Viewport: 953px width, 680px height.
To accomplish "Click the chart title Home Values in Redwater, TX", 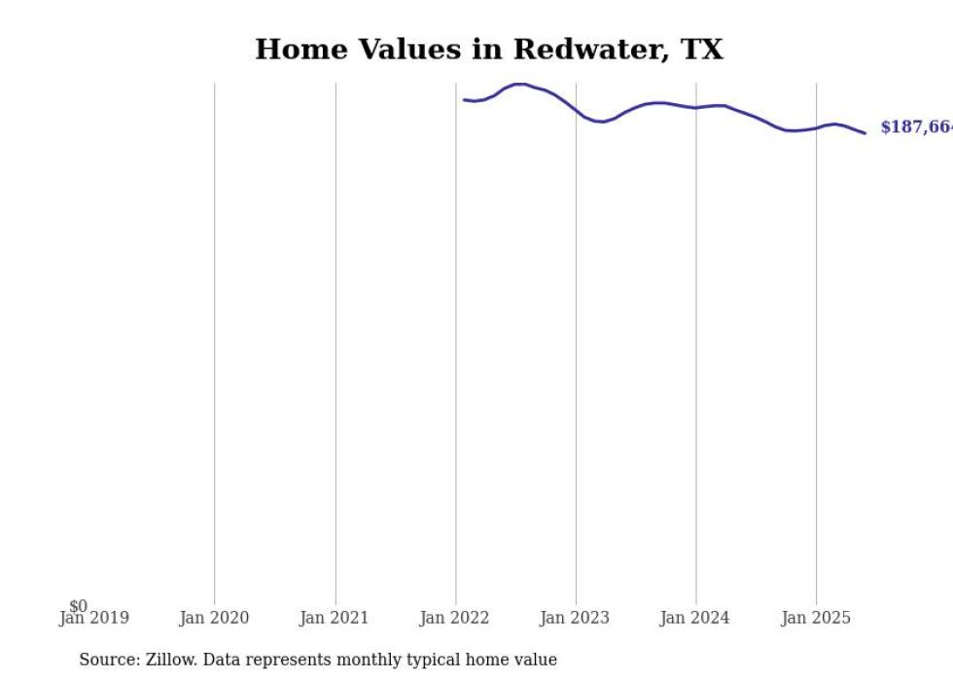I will point(488,50).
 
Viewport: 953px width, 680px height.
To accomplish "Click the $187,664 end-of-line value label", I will point(915,127).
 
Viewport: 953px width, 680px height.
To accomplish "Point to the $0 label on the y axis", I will point(78,606).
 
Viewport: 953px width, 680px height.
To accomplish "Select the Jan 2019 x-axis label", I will point(93,618).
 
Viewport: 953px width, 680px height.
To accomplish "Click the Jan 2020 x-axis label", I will point(214,618).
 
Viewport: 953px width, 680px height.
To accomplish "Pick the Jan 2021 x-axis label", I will point(335,618).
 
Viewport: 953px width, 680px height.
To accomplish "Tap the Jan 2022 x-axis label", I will point(455,618).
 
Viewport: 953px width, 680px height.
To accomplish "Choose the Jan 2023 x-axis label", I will point(575,618).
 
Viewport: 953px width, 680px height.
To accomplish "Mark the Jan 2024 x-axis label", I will point(694,618).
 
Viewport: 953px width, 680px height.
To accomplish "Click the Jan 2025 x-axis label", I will point(815,618).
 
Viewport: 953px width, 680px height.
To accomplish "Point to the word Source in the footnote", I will point(109,660).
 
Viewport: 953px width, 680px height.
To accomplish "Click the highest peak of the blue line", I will point(520,84).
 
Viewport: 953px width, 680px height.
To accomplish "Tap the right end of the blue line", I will point(865,133).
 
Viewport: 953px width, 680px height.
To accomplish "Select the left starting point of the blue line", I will point(465,99).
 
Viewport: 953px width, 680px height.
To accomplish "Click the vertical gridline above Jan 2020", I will point(215,340).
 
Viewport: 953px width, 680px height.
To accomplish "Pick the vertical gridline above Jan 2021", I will point(335,340).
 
